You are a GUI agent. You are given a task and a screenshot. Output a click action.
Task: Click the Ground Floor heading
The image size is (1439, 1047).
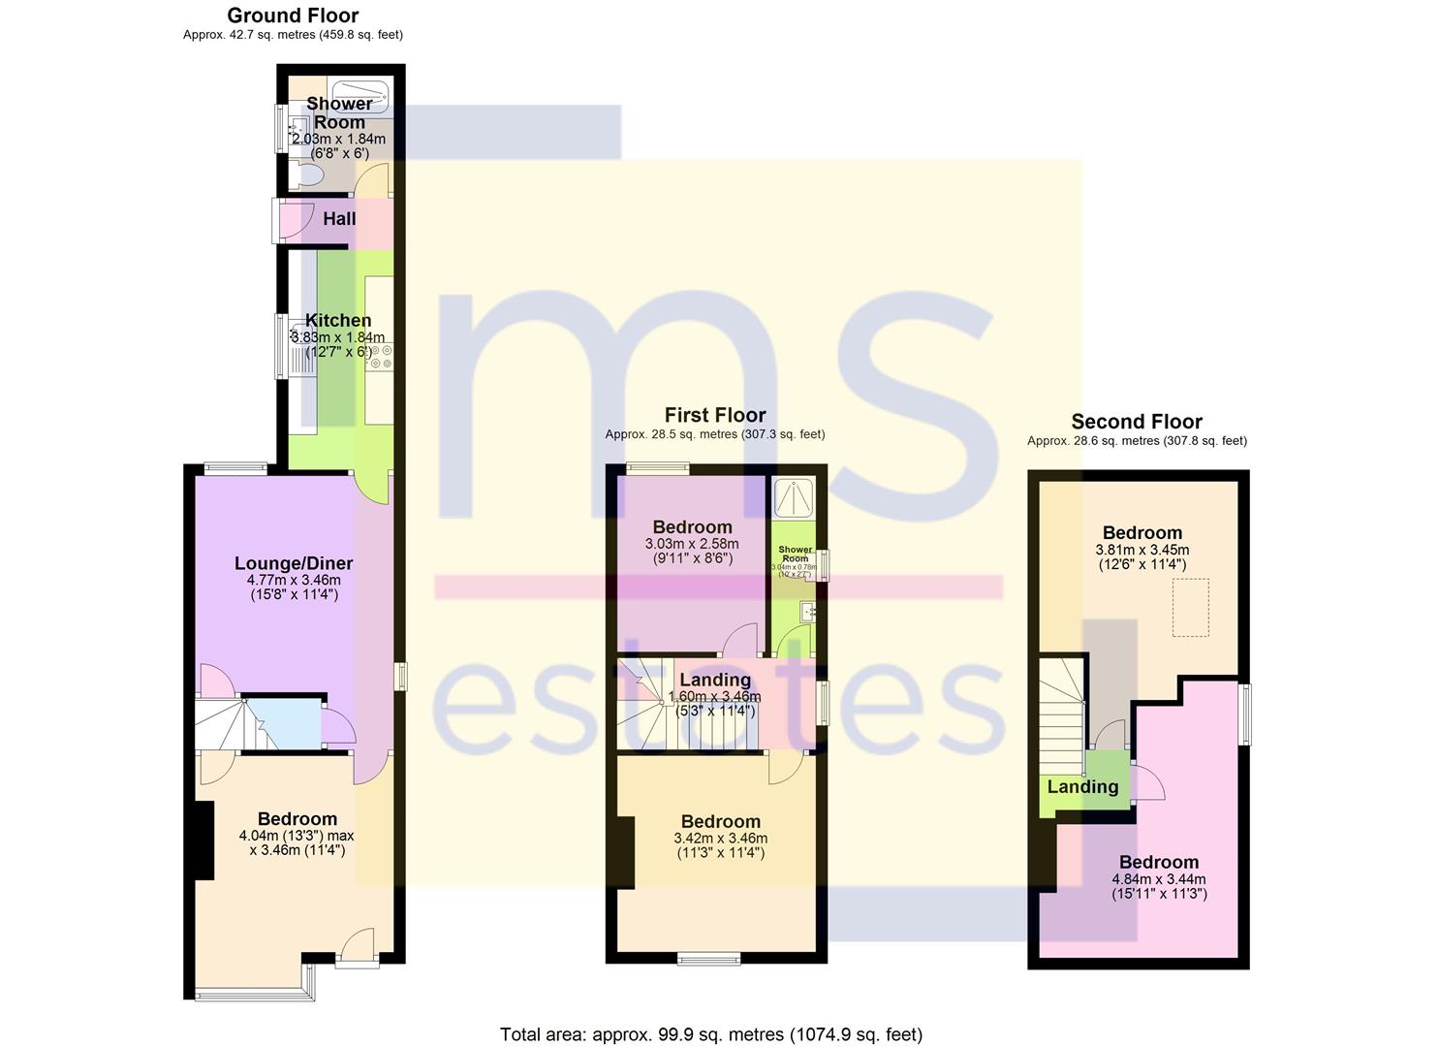click(x=293, y=16)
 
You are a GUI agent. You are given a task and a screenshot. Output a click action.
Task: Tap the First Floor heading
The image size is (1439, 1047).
click(x=715, y=415)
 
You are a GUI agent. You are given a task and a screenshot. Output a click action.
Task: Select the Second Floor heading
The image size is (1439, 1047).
click(x=1137, y=422)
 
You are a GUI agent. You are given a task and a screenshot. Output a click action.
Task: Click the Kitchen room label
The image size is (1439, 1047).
click(x=338, y=321)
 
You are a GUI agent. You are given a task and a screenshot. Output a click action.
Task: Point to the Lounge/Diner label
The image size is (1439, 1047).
click(x=294, y=563)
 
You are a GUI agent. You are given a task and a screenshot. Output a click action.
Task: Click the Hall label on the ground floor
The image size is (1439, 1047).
click(x=339, y=219)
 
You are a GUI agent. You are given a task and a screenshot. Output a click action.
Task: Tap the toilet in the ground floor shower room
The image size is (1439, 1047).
click(x=307, y=175)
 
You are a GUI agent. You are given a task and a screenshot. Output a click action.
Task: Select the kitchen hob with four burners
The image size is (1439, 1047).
click(x=379, y=356)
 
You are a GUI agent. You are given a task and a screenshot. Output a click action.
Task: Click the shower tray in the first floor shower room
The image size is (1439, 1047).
click(x=795, y=496)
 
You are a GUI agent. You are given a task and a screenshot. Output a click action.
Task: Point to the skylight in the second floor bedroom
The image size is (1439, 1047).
click(x=1191, y=608)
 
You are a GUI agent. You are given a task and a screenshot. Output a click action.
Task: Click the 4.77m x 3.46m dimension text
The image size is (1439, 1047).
click(x=294, y=580)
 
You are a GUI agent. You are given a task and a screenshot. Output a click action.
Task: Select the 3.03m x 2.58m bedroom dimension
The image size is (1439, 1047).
click(x=692, y=544)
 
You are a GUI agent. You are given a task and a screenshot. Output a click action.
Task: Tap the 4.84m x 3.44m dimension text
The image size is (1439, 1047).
click(x=1159, y=879)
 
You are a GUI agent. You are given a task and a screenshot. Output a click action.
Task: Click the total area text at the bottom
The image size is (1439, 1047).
click(x=711, y=1034)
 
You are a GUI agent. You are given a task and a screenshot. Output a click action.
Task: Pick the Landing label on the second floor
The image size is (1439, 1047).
click(x=1082, y=787)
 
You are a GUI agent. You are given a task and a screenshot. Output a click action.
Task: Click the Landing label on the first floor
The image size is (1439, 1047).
click(x=714, y=680)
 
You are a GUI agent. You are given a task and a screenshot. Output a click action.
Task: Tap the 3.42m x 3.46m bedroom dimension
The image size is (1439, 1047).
click(x=720, y=839)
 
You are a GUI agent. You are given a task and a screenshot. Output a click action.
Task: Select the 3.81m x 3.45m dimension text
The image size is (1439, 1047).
click(x=1142, y=550)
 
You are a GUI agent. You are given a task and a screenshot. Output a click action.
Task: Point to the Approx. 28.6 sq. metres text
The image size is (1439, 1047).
click(x=1137, y=440)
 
